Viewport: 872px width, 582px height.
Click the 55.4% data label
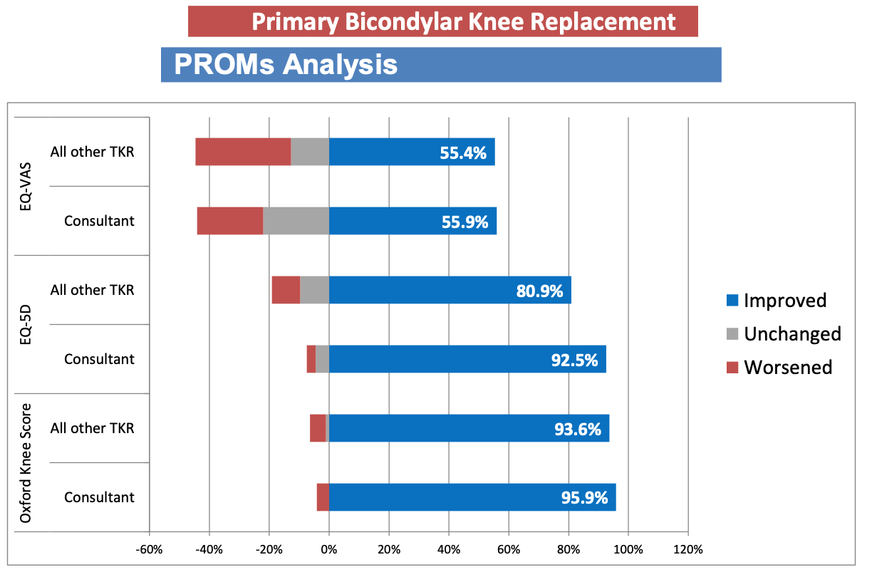pyautogui.click(x=464, y=152)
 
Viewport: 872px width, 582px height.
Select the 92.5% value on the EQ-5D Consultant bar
pyautogui.click(x=574, y=360)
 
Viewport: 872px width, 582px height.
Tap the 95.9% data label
pyautogui.click(x=584, y=498)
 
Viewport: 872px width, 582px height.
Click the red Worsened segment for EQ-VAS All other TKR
pyautogui.click(x=243, y=152)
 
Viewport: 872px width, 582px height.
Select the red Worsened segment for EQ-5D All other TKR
pyautogui.click(x=286, y=290)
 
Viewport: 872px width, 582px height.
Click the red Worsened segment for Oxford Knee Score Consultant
pyautogui.click(x=323, y=497)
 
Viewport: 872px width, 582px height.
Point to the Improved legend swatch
pyautogui.click(x=732, y=301)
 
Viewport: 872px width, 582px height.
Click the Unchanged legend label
pyautogui.click(x=792, y=334)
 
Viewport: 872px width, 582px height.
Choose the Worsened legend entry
pyautogui.click(x=788, y=368)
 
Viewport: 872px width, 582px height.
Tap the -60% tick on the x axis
pyautogui.click(x=150, y=550)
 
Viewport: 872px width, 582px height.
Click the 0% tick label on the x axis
pyautogui.click(x=328, y=550)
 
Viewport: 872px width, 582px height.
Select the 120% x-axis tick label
pyautogui.click(x=687, y=550)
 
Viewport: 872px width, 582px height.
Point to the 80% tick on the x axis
pyautogui.click(x=568, y=550)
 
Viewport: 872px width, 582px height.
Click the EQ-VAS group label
pyautogui.click(x=26, y=187)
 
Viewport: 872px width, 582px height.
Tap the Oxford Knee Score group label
pyautogui.click(x=26, y=463)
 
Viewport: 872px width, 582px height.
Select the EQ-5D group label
pyautogui.click(x=26, y=325)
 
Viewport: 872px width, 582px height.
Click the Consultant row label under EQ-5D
pyautogui.click(x=99, y=359)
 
